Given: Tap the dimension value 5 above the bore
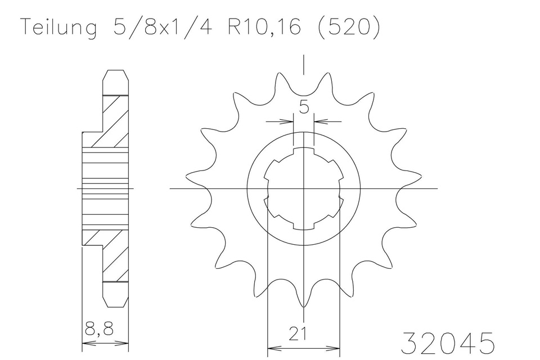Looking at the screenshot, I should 304,107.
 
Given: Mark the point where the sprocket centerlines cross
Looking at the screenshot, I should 304,188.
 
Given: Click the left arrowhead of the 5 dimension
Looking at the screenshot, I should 289,120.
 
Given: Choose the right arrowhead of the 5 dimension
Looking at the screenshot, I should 318,120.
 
